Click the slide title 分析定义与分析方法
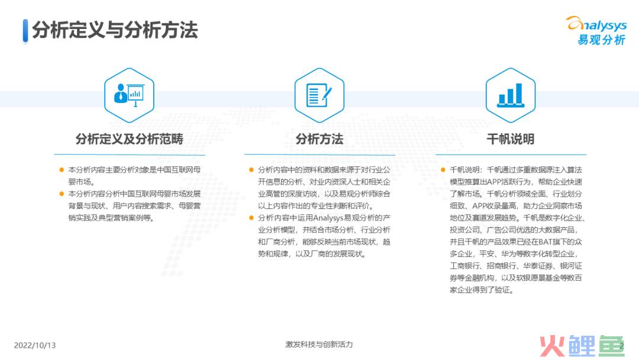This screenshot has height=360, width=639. tap(115, 30)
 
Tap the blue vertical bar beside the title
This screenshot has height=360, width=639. tap(25, 30)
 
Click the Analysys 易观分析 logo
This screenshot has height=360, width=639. tap(596, 31)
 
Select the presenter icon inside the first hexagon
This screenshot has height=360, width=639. tap(129, 95)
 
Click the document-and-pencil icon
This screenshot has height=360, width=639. tap(319, 95)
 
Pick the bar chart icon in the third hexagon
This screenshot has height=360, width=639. tap(511, 95)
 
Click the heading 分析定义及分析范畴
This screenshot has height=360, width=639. tap(130, 139)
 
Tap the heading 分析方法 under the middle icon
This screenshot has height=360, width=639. tap(319, 139)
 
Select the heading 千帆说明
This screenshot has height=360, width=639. tap(511, 139)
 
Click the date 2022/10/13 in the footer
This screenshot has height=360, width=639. tap(35, 345)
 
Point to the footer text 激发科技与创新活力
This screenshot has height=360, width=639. tap(319, 345)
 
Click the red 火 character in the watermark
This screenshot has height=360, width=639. tap(552, 346)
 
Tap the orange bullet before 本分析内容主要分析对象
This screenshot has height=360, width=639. tap(62, 169)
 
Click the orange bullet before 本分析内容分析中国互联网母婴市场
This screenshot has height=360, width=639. tap(62, 194)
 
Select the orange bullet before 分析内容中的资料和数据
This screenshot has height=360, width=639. tap(251, 169)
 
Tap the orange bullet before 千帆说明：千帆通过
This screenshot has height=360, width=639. tap(443, 169)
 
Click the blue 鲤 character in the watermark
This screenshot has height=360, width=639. tap(582, 346)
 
